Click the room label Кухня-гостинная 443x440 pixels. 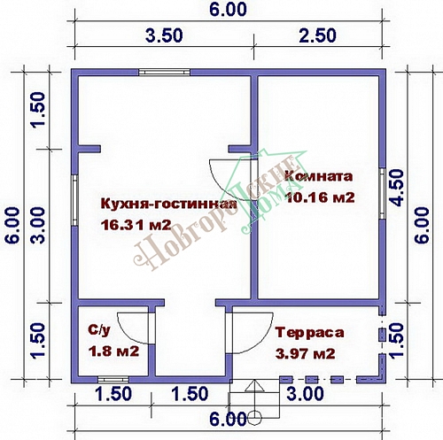point(168,205)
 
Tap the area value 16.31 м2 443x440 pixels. point(136,225)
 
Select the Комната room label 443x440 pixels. point(319,176)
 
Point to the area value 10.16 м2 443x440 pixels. point(320,197)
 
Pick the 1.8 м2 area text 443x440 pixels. point(113,351)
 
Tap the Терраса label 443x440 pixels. point(309,333)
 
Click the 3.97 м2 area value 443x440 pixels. point(306,353)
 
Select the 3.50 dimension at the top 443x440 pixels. point(164,35)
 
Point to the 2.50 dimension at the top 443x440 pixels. point(317,35)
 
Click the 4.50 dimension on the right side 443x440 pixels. point(397,188)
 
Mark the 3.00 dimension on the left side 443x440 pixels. point(38,225)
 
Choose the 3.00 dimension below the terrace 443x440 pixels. point(306,393)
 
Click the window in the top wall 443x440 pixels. point(165,73)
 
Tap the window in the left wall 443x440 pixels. point(74,200)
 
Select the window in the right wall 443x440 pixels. point(383,194)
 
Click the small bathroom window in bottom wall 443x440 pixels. point(113,380)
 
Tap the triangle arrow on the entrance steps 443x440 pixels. point(254,385)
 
